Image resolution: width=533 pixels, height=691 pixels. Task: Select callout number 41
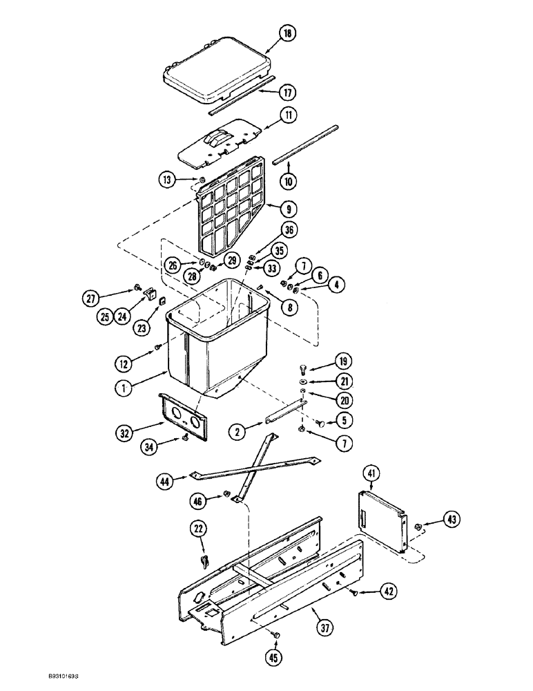pos(373,475)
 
